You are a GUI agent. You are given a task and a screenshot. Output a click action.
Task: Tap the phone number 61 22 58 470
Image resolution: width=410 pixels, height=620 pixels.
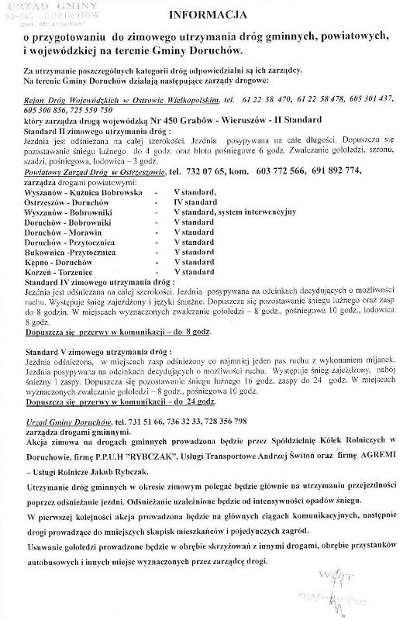click(267, 101)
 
